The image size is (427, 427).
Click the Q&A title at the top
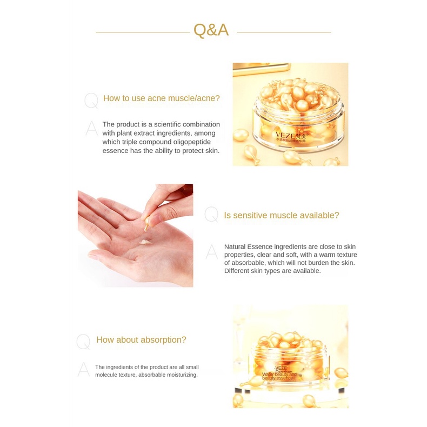click(211, 30)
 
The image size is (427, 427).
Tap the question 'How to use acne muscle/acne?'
click(161, 98)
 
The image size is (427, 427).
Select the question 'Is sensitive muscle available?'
click(281, 215)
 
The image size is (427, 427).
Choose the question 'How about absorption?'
click(141, 340)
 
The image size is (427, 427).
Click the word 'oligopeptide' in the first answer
click(195, 142)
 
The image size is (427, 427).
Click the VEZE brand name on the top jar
click(284, 136)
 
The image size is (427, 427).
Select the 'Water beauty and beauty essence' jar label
click(279, 376)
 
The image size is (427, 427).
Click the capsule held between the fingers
click(147, 222)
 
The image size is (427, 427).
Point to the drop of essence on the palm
click(144, 242)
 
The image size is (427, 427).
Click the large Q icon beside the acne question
click(91, 101)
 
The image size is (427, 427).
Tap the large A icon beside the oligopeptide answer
click(92, 129)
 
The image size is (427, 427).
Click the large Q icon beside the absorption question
click(83, 342)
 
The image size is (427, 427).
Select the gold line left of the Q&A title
click(143, 32)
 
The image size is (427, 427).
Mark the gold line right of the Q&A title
click(284, 32)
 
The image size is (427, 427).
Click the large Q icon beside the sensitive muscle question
click(211, 215)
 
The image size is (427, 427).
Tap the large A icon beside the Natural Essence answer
click(212, 251)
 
